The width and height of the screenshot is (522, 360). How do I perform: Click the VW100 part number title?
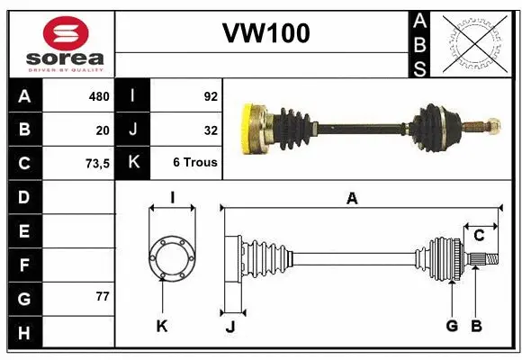click(x=265, y=33)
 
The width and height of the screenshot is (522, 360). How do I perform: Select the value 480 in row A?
click(x=97, y=96)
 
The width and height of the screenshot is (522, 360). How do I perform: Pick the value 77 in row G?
click(x=101, y=297)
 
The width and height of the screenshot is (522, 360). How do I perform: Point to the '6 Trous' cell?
click(x=195, y=164)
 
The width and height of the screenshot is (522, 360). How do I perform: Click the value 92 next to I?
click(x=211, y=96)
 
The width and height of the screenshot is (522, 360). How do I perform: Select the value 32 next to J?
click(x=211, y=130)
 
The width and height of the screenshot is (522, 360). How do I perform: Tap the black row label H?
click(x=24, y=334)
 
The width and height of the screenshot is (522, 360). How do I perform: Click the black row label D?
click(x=24, y=197)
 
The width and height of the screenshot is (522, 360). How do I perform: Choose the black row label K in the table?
click(x=133, y=164)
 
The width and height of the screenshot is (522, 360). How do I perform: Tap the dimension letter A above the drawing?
click(x=352, y=199)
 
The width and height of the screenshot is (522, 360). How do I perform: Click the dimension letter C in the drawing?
click(x=480, y=236)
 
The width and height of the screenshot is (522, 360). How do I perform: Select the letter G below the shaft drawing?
click(x=452, y=326)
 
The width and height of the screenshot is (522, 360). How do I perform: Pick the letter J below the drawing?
click(x=230, y=327)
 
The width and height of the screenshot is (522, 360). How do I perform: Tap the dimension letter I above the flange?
click(x=171, y=199)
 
